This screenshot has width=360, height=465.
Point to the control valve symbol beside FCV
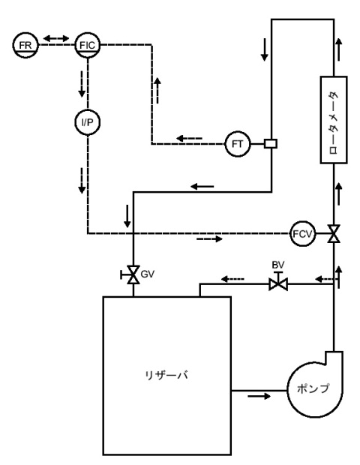pos(334,234)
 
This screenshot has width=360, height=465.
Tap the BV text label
pos(278,265)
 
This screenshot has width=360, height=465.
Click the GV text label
pos(148,274)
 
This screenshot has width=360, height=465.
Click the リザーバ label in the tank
pos(166,375)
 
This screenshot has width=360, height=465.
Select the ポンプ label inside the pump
pos(313,388)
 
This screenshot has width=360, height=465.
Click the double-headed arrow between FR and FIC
pos(56,38)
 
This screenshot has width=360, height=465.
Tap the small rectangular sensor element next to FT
pos(271,144)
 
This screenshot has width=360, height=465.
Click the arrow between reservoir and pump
pos(259,396)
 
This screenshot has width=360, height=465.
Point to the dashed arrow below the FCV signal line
pos(209,238)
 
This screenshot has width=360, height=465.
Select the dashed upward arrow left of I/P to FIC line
pos(157,91)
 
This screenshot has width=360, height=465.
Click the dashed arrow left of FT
pos(189,138)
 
